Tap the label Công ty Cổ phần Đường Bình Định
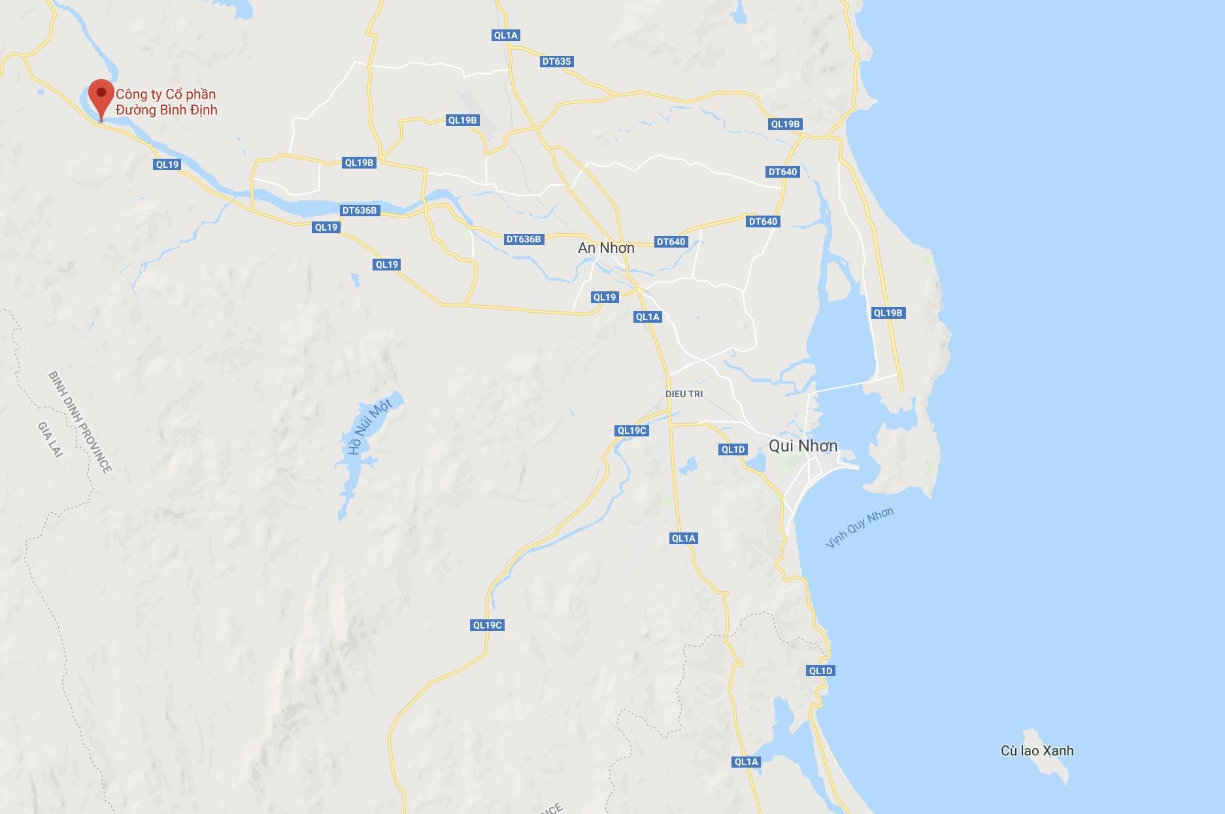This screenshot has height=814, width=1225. [166, 102]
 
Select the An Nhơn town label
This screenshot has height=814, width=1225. [606, 248]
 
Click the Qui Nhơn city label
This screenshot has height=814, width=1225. [803, 446]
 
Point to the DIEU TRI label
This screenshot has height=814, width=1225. [684, 394]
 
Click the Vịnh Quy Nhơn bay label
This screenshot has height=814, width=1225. [859, 527]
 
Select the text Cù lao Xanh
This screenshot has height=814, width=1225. [1037, 751]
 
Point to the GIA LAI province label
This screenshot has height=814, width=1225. [50, 439]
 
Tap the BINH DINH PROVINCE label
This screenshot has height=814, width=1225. [80, 421]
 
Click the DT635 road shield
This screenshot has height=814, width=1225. [556, 61]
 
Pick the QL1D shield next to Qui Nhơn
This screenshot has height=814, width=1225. [733, 449]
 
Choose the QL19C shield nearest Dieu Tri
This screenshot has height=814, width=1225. [632, 431]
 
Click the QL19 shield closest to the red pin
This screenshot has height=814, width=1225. [167, 165]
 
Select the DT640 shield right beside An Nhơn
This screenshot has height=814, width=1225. [671, 242]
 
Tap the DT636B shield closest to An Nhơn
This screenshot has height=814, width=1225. [524, 239]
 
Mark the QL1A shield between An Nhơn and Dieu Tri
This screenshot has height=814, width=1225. [648, 317]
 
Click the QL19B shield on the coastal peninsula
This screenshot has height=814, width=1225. [888, 313]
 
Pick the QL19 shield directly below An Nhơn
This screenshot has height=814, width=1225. [605, 297]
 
